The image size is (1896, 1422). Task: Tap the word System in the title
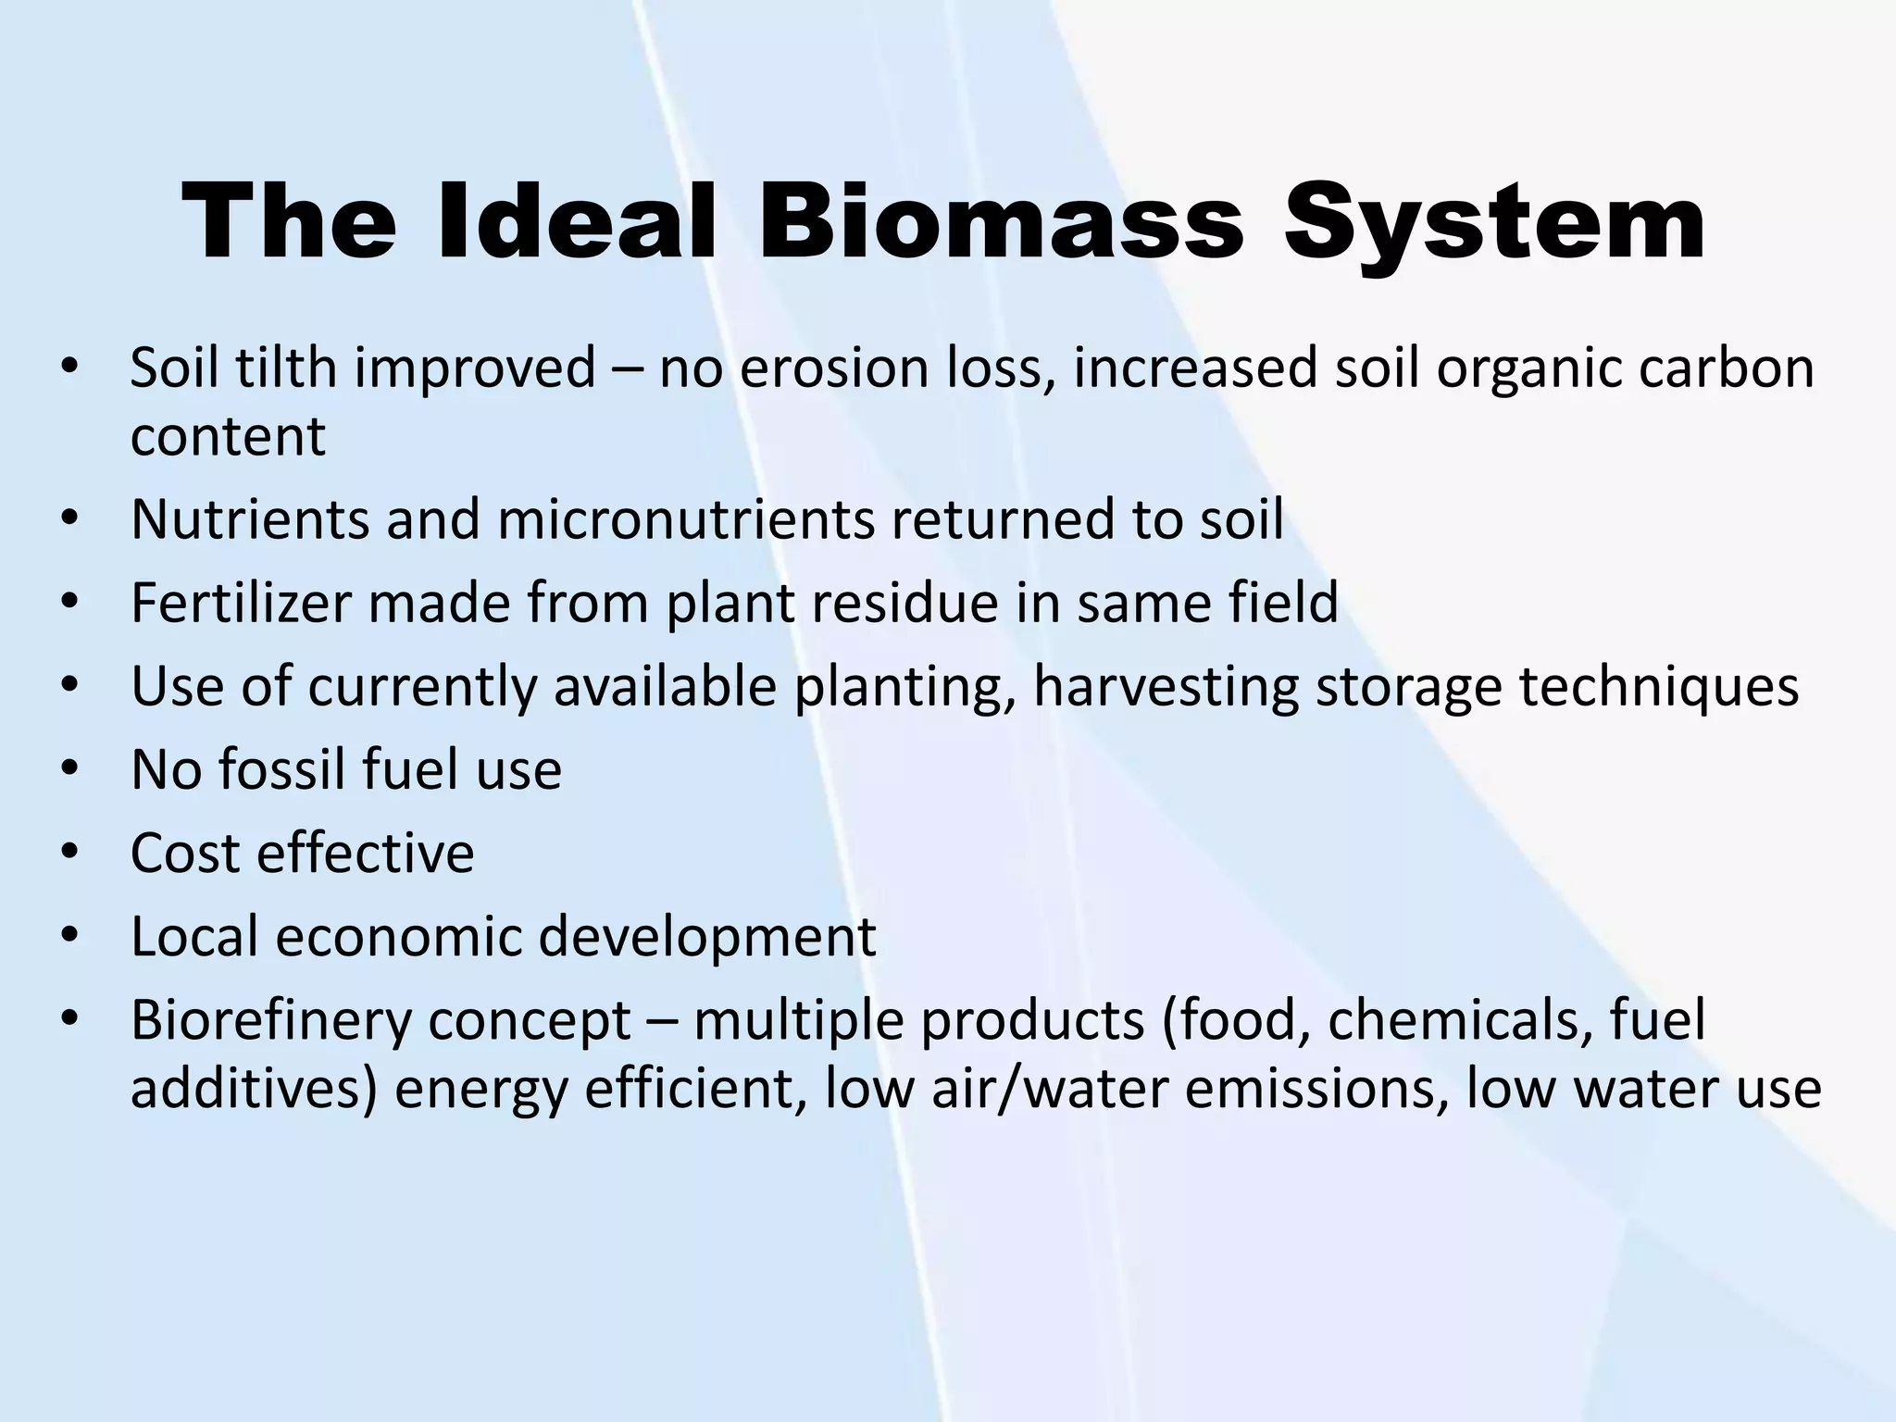[1493, 222]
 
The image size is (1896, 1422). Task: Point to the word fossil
[281, 769]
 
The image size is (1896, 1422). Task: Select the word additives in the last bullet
[254, 1088]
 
